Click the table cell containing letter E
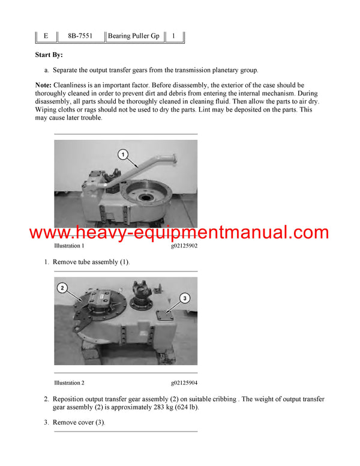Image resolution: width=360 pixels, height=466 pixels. pyautogui.click(x=46, y=36)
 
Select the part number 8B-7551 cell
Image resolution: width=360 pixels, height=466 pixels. pyautogui.click(x=80, y=36)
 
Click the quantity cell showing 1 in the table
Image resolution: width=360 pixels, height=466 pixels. pyautogui.click(x=173, y=36)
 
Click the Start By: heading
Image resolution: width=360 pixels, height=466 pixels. pyautogui.click(x=49, y=55)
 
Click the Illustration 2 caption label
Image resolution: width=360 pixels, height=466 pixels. pyautogui.click(x=69, y=383)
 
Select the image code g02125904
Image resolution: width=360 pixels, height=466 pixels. pyautogui.click(x=184, y=383)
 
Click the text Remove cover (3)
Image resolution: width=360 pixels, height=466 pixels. pyautogui.click(x=79, y=422)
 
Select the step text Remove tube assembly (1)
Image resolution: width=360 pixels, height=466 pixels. pyautogui.click(x=91, y=262)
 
